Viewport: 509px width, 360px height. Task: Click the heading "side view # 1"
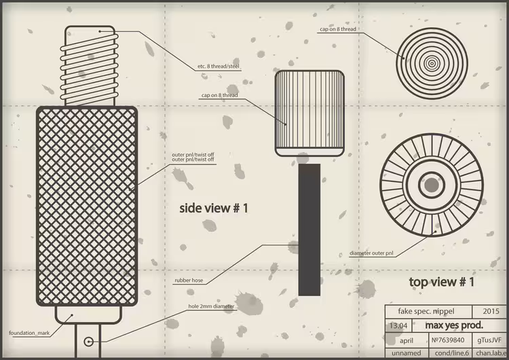point(214,209)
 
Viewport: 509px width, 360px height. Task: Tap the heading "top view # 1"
point(442,282)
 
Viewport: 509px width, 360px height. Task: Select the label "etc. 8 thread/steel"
point(219,67)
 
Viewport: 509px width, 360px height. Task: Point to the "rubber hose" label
point(189,281)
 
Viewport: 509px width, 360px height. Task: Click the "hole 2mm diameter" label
point(211,306)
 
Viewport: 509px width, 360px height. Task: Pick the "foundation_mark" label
point(29,333)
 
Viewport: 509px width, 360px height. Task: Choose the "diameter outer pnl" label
point(371,253)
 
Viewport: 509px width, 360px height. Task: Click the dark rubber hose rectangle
point(309,230)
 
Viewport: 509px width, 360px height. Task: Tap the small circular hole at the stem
point(89,342)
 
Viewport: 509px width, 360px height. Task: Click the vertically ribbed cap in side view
point(309,113)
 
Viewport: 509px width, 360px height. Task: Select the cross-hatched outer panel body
point(87,206)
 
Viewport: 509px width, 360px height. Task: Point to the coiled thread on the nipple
point(90,67)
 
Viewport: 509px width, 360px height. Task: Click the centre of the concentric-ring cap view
point(432,64)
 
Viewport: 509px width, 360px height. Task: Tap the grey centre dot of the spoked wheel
point(432,185)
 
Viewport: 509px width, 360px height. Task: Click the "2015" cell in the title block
point(491,311)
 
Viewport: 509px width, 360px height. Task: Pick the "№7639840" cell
point(448,340)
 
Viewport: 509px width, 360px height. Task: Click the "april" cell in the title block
point(407,340)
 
